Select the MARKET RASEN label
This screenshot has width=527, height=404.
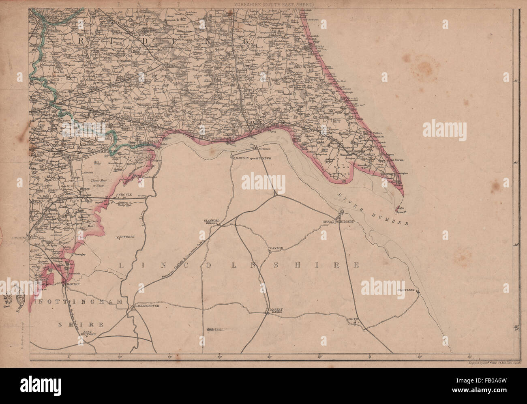coord(276,312)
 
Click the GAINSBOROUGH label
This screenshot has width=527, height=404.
coord(148,306)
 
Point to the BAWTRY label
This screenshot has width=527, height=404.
coord(71,285)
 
